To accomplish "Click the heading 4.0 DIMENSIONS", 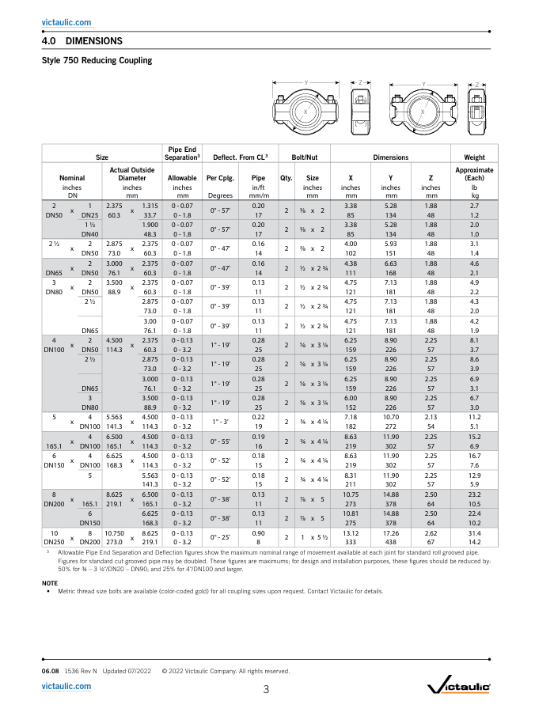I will pos(82,41).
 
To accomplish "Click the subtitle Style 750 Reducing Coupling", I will pos(97,61).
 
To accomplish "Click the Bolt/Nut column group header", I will pos(304,157).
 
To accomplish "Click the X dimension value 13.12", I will pos(351,532).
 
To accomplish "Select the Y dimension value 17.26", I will pos(391,532).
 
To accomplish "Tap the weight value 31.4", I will pos(475,532).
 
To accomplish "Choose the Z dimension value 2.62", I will pos(431,532).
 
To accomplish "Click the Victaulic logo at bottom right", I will pos(459,688).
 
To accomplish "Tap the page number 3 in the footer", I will pos(266,689).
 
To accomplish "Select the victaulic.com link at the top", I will pos(66,22).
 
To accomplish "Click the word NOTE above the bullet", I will pos(49,583).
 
